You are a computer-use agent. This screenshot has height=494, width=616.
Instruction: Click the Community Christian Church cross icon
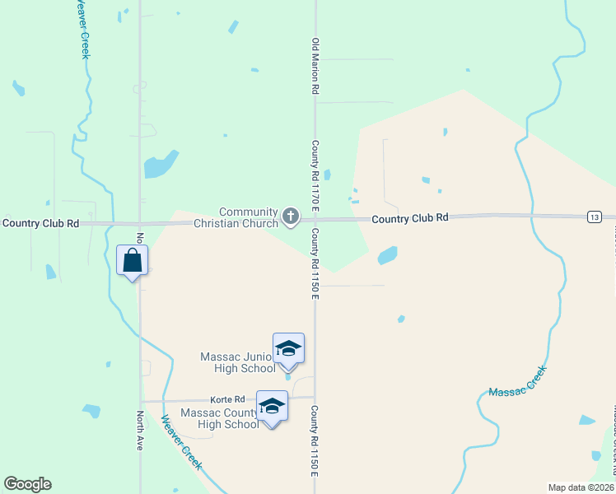coord(290,217)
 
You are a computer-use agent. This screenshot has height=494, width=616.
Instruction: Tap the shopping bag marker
coord(133,262)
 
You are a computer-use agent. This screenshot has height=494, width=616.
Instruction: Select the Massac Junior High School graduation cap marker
coord(288,348)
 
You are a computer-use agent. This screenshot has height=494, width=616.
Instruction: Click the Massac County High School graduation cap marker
coord(272,407)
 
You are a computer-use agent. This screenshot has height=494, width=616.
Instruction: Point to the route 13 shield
coord(595,217)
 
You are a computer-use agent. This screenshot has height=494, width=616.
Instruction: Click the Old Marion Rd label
coord(315,66)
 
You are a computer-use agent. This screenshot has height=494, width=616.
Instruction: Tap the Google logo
coord(27,484)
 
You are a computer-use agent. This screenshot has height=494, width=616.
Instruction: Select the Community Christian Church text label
coord(236,217)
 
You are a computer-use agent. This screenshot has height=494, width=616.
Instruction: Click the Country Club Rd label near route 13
coord(409,218)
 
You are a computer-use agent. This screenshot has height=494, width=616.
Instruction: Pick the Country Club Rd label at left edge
coord(40,223)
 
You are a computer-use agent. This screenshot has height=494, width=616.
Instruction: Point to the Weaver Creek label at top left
coord(82,29)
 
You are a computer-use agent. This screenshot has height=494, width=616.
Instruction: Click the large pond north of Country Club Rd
coord(161,165)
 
